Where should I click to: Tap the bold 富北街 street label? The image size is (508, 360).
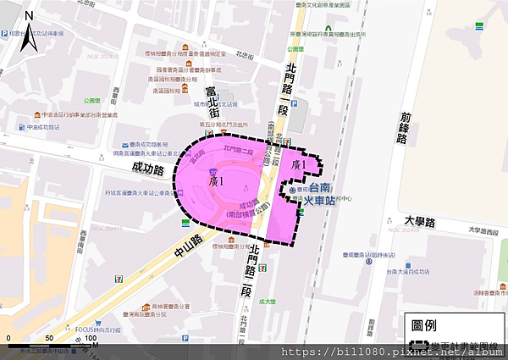pos(212,98)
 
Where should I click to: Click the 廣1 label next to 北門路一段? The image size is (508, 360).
pos(296,163)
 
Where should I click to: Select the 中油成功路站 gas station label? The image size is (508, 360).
pos(42,127)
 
